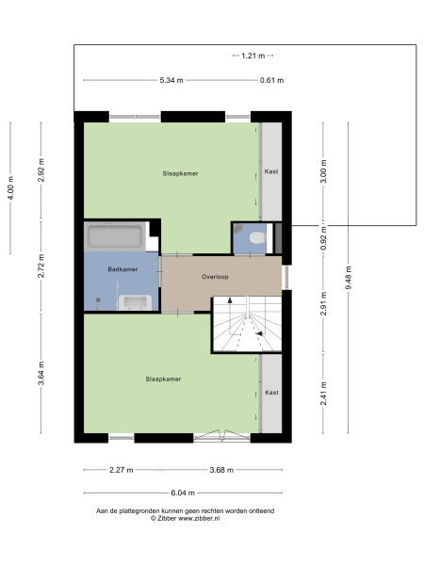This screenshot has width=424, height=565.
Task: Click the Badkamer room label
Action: coord(123,269)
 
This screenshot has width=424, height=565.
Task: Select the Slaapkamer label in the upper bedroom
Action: coord(181,173)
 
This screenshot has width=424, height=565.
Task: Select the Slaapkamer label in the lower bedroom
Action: coord(163,379)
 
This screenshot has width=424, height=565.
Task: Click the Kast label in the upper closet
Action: coord(271,172)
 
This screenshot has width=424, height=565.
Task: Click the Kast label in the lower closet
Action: coord(271,392)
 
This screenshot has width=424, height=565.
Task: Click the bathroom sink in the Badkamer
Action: coord(138,301)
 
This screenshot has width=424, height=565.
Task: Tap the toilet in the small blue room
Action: coord(254,237)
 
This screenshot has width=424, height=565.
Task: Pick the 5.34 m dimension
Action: coord(171,81)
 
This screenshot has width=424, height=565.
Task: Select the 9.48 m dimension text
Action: coord(349,280)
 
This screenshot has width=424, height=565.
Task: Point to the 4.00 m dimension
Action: coord(11,184)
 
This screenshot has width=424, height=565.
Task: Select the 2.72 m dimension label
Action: coord(41,269)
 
